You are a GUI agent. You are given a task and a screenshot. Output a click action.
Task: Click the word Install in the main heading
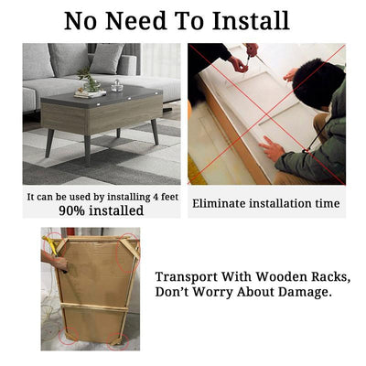(251, 20)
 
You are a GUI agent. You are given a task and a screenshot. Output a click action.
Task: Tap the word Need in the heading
(135, 20)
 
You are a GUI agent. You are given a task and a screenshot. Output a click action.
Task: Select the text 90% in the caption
(72, 210)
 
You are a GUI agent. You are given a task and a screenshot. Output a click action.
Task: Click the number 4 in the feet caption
(156, 197)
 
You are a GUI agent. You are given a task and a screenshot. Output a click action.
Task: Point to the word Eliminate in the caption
(219, 203)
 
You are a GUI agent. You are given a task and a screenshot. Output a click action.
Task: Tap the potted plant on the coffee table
(89, 80)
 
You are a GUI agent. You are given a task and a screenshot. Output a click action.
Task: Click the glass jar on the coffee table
(117, 86)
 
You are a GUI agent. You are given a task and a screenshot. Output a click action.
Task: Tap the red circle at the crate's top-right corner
(128, 253)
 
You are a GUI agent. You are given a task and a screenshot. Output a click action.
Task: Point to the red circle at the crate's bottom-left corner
(69, 336)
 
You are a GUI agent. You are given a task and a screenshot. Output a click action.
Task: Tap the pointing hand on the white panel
(271, 148)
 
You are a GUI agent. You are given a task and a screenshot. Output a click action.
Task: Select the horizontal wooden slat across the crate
(94, 307)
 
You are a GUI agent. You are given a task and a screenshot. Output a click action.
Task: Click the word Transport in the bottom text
(187, 277)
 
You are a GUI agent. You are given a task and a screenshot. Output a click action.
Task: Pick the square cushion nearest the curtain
(107, 58)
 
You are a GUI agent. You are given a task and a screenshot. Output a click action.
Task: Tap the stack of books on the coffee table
(90, 93)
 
